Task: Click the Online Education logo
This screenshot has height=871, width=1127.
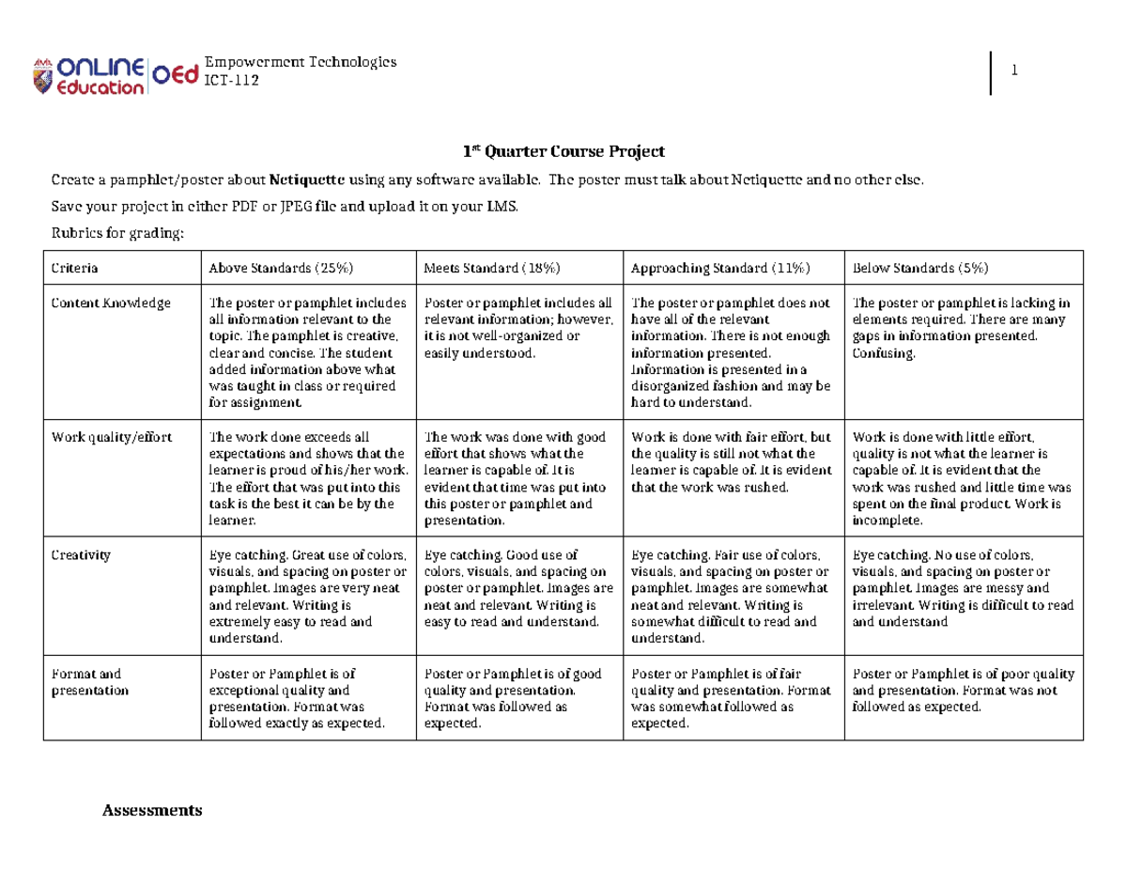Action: tap(88, 74)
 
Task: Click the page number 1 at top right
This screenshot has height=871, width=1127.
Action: tap(1015, 70)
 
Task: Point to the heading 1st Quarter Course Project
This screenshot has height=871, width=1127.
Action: tap(563, 150)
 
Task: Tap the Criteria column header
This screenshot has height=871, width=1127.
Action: tap(74, 268)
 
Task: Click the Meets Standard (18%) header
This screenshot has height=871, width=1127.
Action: tap(491, 268)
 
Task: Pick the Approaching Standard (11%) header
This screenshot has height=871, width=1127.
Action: tap(717, 268)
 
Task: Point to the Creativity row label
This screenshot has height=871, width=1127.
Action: tap(81, 555)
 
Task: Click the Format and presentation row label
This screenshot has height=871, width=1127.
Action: tap(89, 681)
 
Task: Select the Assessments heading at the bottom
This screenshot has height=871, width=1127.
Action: tap(152, 809)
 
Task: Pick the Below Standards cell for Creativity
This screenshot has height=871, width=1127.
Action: tap(962, 588)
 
